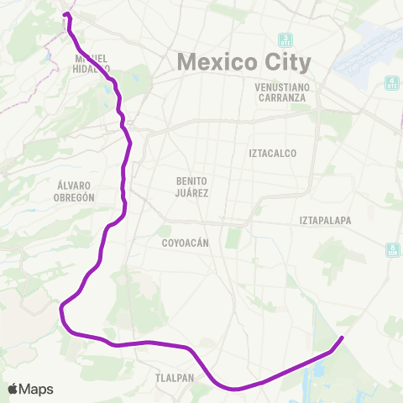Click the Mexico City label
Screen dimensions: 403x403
(243, 62)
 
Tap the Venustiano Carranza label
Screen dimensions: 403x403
(287, 92)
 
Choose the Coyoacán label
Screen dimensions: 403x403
(184, 243)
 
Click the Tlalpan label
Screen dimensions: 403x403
(174, 378)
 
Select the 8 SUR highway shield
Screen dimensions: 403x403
(393, 249)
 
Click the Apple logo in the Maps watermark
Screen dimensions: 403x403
(13, 389)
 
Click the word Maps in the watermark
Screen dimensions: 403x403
(37, 390)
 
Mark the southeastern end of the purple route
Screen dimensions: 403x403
(342, 338)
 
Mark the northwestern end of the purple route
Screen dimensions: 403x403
(65, 15)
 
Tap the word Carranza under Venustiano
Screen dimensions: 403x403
(287, 97)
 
